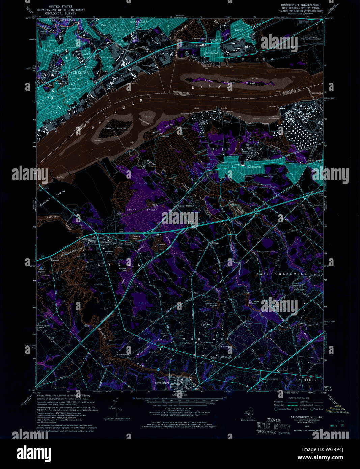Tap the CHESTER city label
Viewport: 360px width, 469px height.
[81, 73]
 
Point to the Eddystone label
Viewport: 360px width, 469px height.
[107, 58]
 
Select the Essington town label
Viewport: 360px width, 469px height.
[212, 53]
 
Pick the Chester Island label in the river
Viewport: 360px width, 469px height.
[115, 128]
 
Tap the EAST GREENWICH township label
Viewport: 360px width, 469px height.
[282, 274]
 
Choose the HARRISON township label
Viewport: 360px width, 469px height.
[306, 380]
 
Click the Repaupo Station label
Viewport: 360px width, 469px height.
[185, 205]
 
